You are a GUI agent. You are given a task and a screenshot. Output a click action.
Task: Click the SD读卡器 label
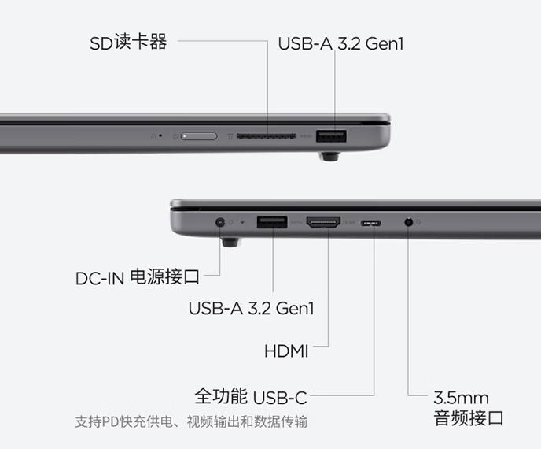point(128,43)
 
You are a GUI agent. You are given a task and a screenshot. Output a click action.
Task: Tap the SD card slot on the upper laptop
point(266,135)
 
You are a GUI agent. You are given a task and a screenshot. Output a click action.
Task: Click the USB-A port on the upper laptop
point(331,136)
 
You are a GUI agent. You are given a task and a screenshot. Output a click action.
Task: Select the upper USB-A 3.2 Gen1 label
point(340,43)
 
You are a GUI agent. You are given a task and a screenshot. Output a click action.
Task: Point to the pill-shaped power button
point(199,136)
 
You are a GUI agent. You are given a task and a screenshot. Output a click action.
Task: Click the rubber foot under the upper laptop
point(329,157)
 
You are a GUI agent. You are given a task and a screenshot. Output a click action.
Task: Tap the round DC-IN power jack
point(220,222)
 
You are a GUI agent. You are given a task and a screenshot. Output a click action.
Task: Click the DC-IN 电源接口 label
point(138,277)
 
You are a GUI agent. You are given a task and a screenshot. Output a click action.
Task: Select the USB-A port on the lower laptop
point(272,222)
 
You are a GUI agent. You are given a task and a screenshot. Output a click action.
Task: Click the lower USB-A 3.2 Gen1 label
point(251,308)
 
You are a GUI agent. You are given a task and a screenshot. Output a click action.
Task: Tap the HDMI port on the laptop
point(323,222)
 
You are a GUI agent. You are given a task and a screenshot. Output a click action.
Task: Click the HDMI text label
point(286,351)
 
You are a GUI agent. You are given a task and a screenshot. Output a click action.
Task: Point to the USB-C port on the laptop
point(371,223)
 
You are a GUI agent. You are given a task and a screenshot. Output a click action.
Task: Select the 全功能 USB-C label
point(251,396)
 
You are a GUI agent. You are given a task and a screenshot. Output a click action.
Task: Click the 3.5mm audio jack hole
point(409,222)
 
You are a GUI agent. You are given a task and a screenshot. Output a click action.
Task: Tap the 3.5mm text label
point(462,398)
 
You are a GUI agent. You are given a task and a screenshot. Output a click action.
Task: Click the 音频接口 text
point(469,418)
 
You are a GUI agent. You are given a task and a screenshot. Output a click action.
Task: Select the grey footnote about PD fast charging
point(191,421)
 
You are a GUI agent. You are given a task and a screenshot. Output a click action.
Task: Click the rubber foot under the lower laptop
point(230,242)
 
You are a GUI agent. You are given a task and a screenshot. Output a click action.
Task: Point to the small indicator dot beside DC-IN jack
point(242,222)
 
